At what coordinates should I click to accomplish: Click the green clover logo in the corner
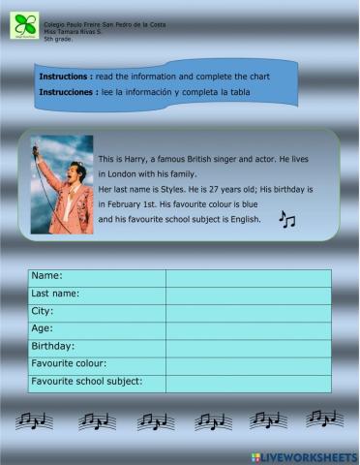coord(25,26)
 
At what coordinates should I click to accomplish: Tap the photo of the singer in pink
coord(62,184)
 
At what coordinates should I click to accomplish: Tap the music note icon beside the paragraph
coord(286,221)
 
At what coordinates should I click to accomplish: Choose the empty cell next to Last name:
coord(248,294)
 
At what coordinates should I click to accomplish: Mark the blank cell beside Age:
coord(248,329)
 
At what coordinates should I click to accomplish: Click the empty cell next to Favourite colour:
coord(248,364)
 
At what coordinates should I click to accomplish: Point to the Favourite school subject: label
coord(87,382)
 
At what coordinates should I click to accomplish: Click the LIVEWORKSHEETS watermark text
coord(309,455)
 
